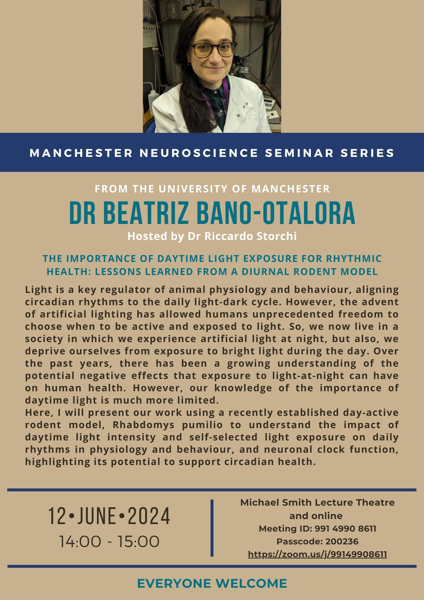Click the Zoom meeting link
(317, 554)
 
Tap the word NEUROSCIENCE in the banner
(199, 153)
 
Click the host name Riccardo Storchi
(252, 236)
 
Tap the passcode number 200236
(342, 541)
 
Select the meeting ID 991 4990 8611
(345, 528)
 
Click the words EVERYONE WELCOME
(212, 583)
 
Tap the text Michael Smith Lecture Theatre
(317, 502)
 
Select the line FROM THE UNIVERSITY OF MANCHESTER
(212, 189)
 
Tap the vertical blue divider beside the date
(212, 528)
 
